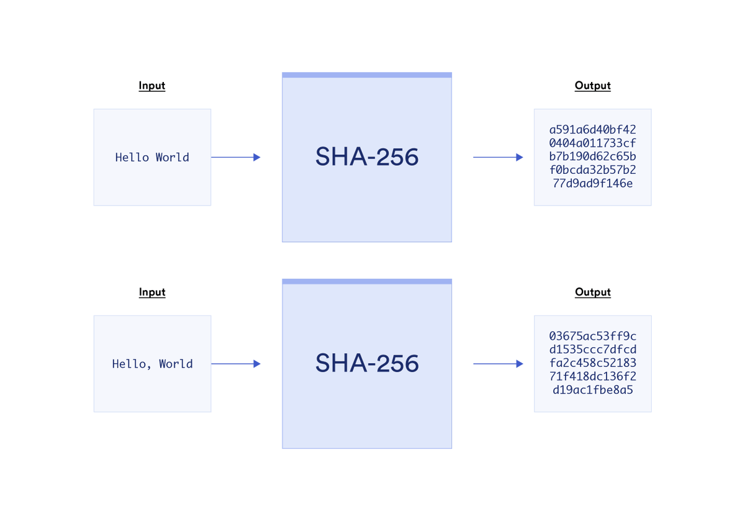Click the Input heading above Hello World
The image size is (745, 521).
click(152, 86)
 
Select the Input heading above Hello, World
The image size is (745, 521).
click(152, 292)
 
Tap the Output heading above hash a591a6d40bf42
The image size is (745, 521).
click(593, 86)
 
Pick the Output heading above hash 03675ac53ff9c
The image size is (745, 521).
click(593, 292)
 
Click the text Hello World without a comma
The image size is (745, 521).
click(152, 157)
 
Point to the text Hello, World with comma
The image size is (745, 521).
click(152, 364)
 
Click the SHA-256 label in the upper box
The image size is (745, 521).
click(367, 156)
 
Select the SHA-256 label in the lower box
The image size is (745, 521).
click(367, 363)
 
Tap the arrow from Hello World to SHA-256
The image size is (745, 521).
click(236, 157)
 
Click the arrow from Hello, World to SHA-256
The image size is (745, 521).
click(236, 364)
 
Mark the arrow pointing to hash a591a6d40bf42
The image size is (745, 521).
click(498, 157)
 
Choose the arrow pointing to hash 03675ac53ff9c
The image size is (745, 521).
click(498, 364)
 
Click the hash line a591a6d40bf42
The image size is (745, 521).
click(593, 130)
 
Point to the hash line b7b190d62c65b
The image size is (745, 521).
click(593, 156)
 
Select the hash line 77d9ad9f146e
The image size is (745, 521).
click(593, 184)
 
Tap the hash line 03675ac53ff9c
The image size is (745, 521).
click(593, 337)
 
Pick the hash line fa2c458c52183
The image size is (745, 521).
click(593, 363)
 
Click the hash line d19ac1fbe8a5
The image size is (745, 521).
click(593, 390)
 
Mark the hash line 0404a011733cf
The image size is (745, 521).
click(593, 143)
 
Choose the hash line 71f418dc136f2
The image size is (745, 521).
click(593, 376)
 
